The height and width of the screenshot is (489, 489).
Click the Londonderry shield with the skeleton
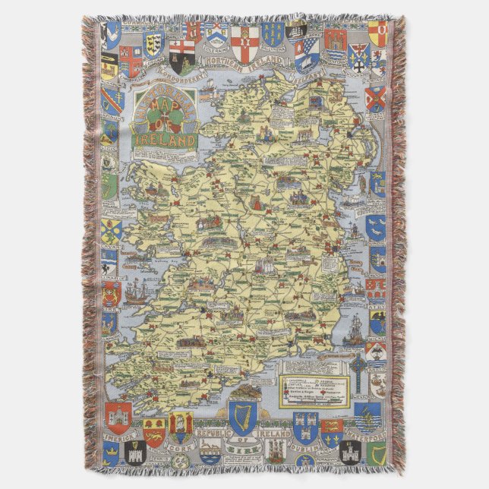tap(181, 52)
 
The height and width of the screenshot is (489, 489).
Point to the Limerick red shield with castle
tap(118, 417)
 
